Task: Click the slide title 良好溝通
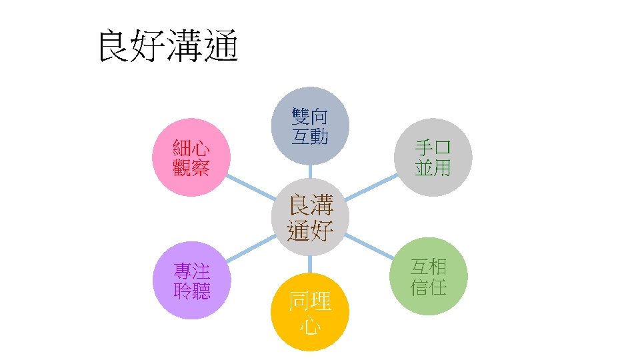(x=168, y=46)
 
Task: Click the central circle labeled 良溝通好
(x=310, y=217)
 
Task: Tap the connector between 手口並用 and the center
(x=374, y=189)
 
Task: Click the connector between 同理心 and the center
(x=310, y=265)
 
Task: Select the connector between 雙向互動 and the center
(x=310, y=172)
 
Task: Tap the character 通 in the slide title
(x=221, y=46)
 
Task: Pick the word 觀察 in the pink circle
(x=191, y=167)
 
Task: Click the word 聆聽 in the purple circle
(x=191, y=291)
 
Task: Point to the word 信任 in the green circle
(x=428, y=287)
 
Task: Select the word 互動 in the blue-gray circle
(x=310, y=136)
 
